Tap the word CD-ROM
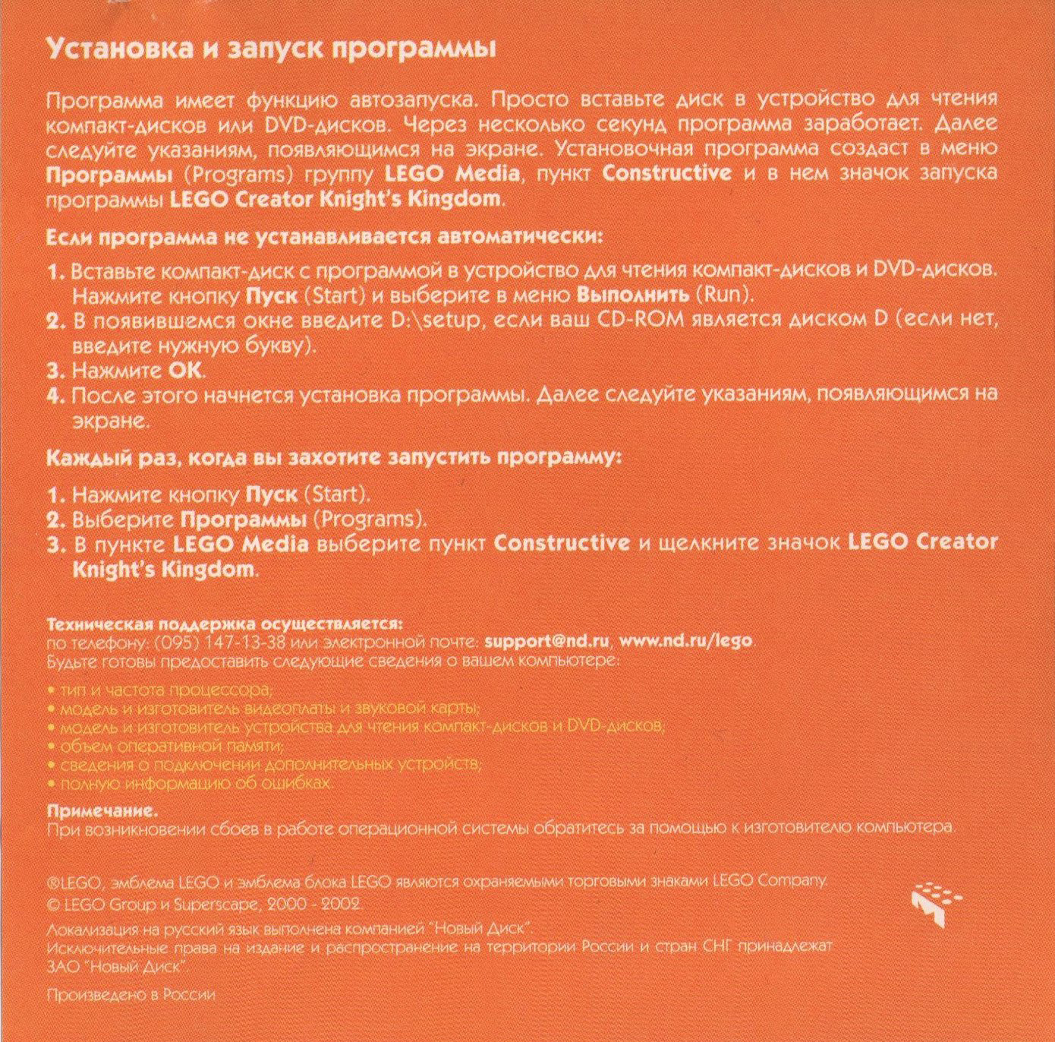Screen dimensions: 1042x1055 coord(641,320)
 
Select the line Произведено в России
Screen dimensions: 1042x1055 coord(131,995)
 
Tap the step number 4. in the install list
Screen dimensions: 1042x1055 coord(55,396)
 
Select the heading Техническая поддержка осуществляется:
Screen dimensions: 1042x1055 coord(224,624)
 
